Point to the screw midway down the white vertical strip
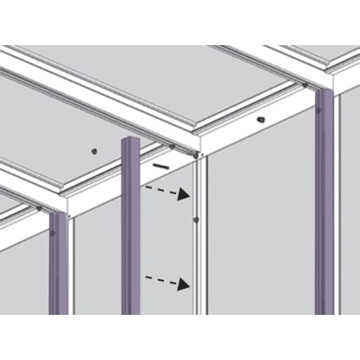(198, 219)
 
